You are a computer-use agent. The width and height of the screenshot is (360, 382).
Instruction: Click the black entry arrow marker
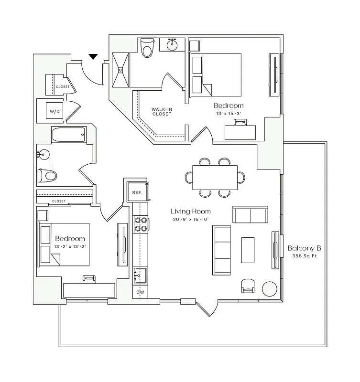[x=93, y=57]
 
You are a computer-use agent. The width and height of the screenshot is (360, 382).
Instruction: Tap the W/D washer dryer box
[x=54, y=112]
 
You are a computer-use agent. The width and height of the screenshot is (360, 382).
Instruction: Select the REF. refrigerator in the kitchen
[x=138, y=192]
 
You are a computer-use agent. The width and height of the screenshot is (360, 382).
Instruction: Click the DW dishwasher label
[x=140, y=292]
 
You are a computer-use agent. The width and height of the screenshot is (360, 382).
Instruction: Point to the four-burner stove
[x=141, y=224]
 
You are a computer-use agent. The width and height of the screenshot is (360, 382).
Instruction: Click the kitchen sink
[x=141, y=276]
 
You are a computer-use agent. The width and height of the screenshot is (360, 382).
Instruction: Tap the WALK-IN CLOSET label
[x=162, y=111]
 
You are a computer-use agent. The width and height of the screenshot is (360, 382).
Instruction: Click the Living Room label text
[x=191, y=211]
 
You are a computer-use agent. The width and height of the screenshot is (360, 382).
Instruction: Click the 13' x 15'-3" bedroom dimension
[x=228, y=114]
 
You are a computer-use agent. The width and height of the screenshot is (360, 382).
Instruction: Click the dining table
[x=215, y=177]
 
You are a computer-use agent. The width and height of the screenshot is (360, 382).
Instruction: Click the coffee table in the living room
[x=248, y=250]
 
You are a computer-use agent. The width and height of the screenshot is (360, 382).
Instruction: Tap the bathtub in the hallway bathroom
[x=68, y=135]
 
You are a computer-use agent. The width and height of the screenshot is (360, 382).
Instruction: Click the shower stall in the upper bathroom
[x=121, y=70]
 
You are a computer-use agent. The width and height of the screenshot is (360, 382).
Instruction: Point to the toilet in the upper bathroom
[x=147, y=48]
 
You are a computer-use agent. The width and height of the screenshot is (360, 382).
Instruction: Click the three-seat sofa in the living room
[x=221, y=250]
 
